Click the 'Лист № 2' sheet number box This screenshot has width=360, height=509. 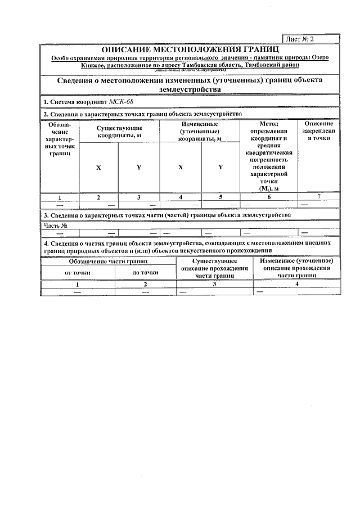(311, 39)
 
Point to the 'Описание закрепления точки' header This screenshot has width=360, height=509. (318, 130)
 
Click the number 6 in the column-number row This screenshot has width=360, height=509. (269, 197)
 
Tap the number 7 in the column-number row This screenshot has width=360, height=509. (318, 196)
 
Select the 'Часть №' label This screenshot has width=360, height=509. (56, 226)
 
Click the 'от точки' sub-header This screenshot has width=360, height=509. (78, 272)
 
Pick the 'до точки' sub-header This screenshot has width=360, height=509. (145, 272)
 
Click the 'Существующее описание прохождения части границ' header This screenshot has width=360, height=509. (214, 269)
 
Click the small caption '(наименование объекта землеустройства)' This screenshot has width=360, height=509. (190, 70)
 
